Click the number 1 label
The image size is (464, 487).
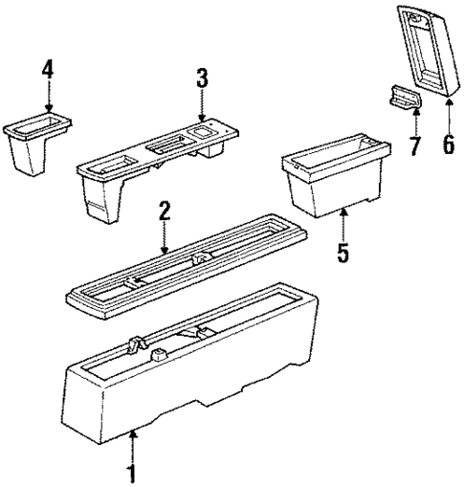click(x=133, y=473)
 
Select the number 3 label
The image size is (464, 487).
click(x=202, y=78)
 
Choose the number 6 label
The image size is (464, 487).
click(x=447, y=148)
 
